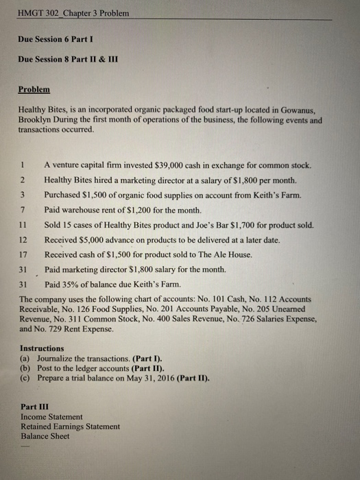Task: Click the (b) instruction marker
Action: [x=25, y=368]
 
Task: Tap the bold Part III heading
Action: [x=35, y=406]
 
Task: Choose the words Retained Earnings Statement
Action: [x=70, y=426]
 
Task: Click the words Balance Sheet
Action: [x=45, y=435]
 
